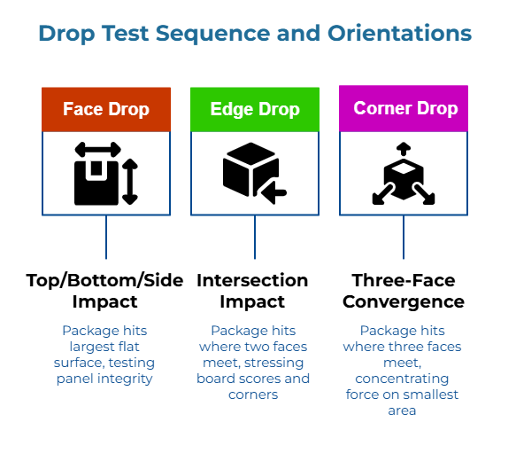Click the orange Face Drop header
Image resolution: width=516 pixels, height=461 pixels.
(106, 109)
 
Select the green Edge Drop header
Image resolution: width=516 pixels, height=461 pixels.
(255, 109)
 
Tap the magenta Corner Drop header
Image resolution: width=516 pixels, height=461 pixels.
(404, 108)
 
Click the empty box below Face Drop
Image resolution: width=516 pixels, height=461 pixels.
(106, 173)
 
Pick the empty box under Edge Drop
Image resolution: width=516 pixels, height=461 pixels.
(255, 173)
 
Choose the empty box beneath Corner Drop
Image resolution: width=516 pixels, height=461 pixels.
(404, 173)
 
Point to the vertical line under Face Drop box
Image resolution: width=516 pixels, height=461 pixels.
(106, 237)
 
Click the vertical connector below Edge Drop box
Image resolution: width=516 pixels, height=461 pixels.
(255, 237)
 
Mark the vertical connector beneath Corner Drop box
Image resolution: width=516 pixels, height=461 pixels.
(404, 237)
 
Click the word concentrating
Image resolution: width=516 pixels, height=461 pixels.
(404, 379)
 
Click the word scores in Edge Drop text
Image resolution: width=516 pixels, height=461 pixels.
(257, 379)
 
